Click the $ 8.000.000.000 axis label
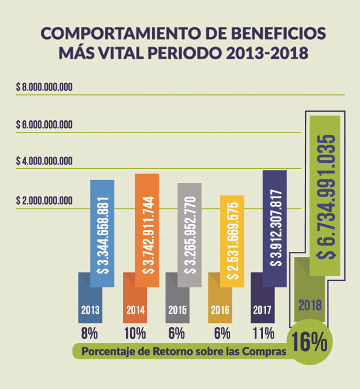tap(44, 87)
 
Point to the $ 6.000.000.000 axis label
tap(44, 125)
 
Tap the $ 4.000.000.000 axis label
tap(44, 161)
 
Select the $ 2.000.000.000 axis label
tap(44, 200)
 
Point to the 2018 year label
tap(310, 305)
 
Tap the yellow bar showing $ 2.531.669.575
tap(232, 241)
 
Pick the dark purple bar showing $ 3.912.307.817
tap(274, 228)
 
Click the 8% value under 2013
tap(90, 333)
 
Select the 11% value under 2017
tap(263, 333)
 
